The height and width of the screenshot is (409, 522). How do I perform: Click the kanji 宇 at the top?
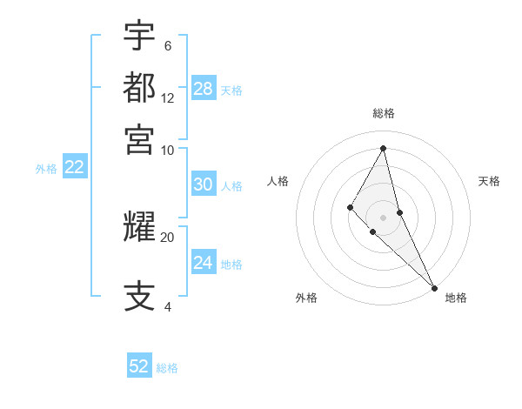pos(139,36)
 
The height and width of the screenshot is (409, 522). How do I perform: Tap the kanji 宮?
pos(139,139)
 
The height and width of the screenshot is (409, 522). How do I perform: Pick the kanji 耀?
pos(139,227)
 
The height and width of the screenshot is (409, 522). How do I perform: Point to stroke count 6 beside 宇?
pos(167,46)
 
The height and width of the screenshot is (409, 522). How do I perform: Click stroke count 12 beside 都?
pos(168,98)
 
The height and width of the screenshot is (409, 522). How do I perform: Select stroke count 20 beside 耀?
pos(168,237)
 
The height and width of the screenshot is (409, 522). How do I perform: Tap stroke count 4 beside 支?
pos(167,307)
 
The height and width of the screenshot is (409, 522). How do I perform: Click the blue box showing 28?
pos(204,89)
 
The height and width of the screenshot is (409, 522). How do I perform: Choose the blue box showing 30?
pos(203,184)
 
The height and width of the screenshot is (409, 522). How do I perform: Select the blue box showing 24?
pos(203,263)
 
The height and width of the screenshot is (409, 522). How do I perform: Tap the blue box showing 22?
pos(74,167)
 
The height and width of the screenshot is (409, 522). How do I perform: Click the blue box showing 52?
pos(139,366)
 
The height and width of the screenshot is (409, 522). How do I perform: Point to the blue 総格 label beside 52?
pos(167,368)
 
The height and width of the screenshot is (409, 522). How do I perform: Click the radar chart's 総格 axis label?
pos(384,113)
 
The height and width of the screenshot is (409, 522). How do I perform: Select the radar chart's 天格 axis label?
pos(489,181)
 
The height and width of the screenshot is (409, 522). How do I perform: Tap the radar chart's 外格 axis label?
pos(306,298)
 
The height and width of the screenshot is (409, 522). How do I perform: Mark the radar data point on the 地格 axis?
pos(433,287)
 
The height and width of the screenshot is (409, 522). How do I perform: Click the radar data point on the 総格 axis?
pos(384,147)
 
